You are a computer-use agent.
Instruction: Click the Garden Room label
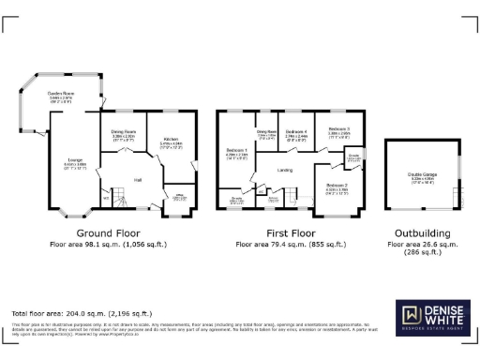[63, 95]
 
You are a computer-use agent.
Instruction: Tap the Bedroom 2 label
[337, 186]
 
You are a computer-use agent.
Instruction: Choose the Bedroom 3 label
[338, 130]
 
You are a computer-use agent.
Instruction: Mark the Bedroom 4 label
[296, 132]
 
